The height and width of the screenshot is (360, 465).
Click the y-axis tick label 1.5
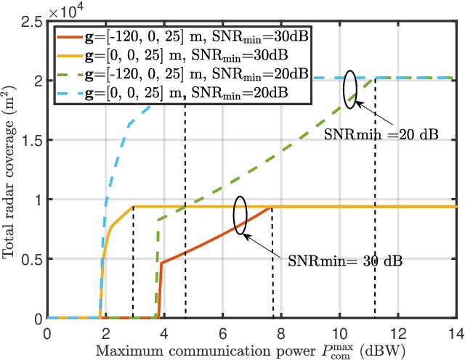click(x=30, y=139)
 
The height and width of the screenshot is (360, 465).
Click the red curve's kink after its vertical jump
click(x=161, y=263)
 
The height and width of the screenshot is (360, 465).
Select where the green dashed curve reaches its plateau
click(x=374, y=78)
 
